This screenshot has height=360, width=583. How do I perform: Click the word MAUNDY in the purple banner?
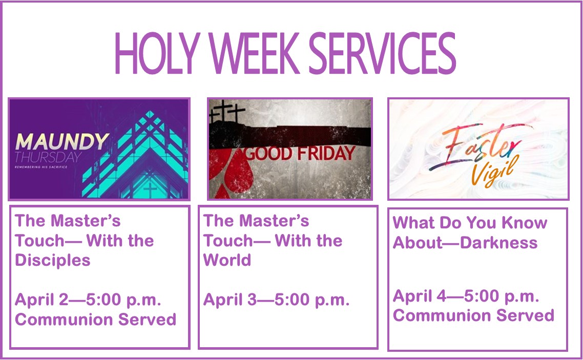[x=61, y=141]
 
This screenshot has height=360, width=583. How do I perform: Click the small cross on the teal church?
[x=150, y=190]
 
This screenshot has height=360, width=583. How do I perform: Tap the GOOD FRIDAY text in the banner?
[x=300, y=153]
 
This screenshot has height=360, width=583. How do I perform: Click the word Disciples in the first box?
[x=53, y=260]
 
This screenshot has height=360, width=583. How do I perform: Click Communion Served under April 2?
[x=96, y=320]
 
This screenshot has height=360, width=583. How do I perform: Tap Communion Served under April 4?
[x=473, y=315]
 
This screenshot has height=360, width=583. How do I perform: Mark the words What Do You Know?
[x=470, y=223]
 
